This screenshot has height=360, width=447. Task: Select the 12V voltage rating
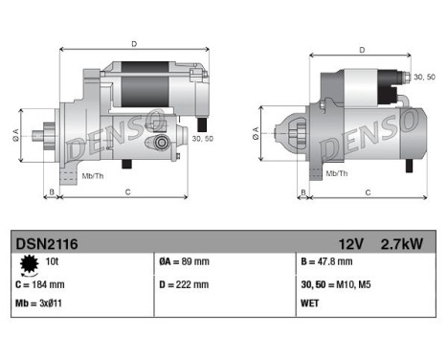tap(350, 243)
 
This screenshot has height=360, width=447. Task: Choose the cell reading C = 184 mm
tap(39, 284)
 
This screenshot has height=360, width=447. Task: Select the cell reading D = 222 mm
tap(184, 284)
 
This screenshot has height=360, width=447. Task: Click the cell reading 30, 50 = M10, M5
tap(337, 284)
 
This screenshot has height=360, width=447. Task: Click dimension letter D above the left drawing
tap(133, 44)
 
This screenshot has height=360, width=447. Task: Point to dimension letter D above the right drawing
tap(362, 50)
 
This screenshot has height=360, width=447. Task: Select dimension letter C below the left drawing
tap(127, 192)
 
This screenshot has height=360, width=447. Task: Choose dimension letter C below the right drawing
tap(368, 192)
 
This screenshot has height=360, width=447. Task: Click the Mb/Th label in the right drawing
tap(336, 173)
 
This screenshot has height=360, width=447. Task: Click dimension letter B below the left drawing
tap(51, 192)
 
